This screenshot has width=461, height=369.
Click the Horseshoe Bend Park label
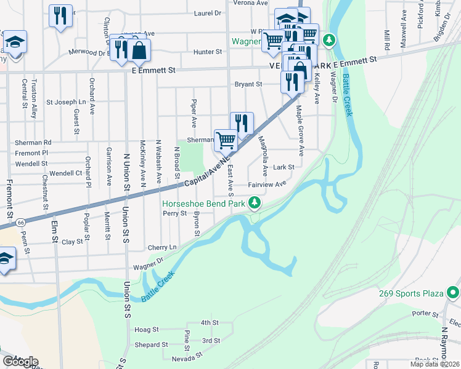coord(203,204)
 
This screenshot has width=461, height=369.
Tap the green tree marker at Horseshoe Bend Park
coord(254,203)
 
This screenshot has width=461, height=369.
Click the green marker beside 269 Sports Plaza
coord(453,292)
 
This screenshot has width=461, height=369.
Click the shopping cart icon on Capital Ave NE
coord(226,140)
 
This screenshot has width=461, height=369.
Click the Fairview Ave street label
coord(267,184)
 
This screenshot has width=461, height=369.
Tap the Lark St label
coord(284,167)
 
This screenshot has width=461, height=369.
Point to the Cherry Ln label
coord(162,247)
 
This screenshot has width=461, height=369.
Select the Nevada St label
coord(187,357)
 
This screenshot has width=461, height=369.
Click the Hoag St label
coord(147,330)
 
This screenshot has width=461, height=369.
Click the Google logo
coord(20,362)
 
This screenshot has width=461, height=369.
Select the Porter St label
coord(425,313)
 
